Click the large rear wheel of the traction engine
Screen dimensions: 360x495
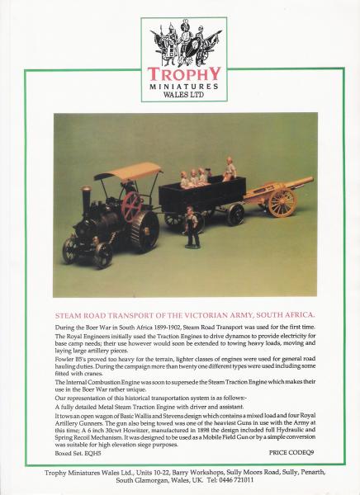click(x=142, y=230)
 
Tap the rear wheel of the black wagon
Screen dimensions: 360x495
click(x=235, y=214)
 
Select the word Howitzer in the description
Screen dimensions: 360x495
click(x=142, y=430)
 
